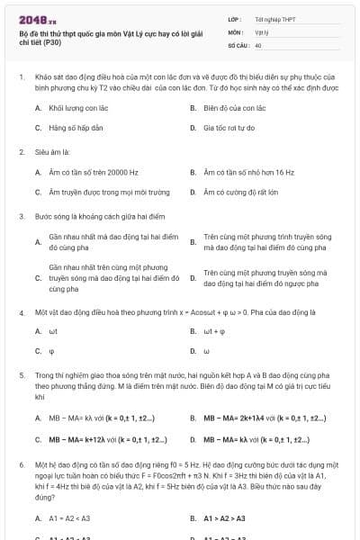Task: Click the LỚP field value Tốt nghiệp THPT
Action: [274, 19]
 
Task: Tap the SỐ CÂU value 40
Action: [259, 44]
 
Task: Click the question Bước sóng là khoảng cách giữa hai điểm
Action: [95, 216]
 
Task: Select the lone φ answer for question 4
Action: [52, 351]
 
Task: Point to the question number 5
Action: [21, 375]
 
